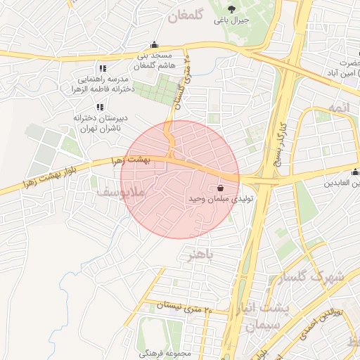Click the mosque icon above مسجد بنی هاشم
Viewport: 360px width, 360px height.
pos(155,45)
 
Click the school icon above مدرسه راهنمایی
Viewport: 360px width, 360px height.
pos(103,68)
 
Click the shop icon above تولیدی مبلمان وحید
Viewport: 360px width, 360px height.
pos(221,188)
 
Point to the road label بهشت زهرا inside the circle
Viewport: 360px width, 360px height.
pos(146,161)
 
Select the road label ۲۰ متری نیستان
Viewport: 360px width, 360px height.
pos(184,307)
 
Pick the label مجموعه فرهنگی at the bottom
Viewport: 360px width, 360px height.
pos(167,353)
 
